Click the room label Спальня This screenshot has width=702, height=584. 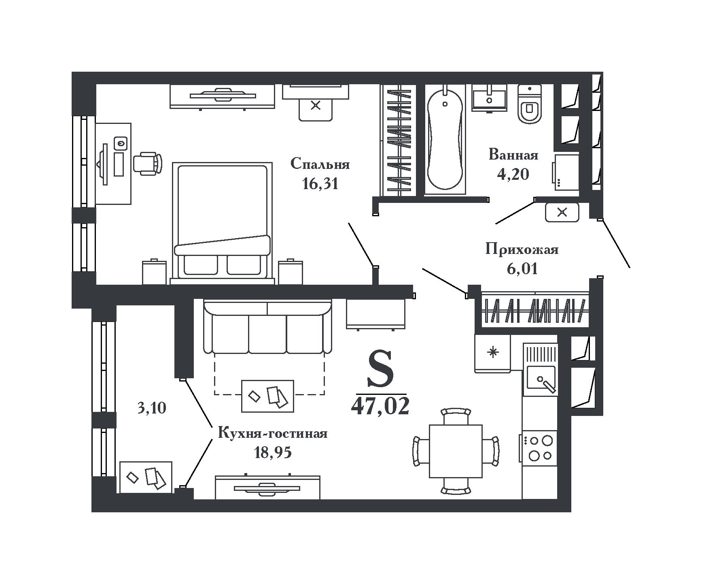[320, 164]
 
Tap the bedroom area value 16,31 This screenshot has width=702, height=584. [320, 184]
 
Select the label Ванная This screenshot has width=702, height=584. [513, 155]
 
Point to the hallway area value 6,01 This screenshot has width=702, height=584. [522, 269]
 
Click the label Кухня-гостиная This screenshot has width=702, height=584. [273, 433]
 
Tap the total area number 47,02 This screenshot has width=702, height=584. [380, 406]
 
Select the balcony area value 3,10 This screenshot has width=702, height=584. [152, 408]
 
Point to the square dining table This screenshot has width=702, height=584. [456, 451]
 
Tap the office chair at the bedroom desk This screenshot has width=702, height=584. [148, 163]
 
